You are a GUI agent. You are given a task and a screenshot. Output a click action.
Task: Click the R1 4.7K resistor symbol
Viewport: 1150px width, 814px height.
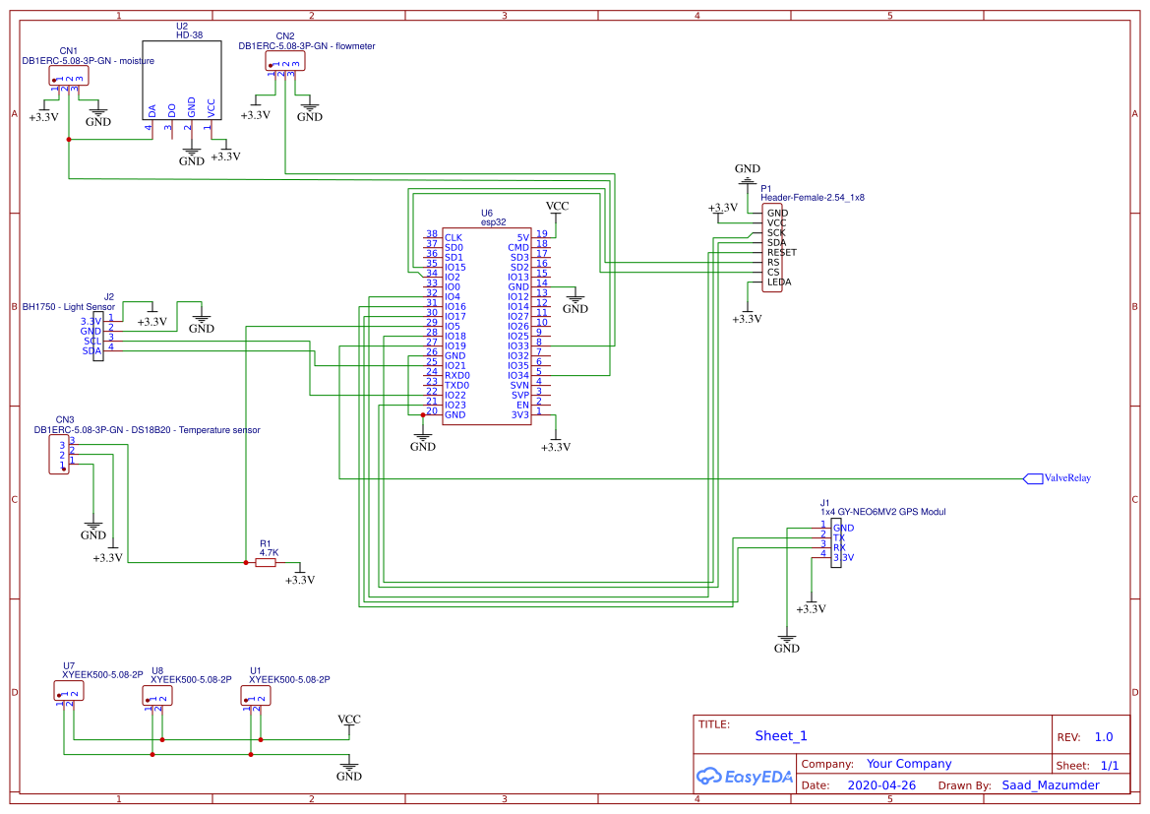pyautogui.click(x=266, y=563)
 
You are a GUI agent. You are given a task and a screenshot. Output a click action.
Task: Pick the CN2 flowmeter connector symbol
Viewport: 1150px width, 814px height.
pyautogui.click(x=285, y=61)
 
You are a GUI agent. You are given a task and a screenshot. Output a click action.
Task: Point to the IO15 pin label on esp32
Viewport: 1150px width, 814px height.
pyautogui.click(x=455, y=268)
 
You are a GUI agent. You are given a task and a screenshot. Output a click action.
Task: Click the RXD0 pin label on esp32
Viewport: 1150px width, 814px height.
pyautogui.click(x=457, y=375)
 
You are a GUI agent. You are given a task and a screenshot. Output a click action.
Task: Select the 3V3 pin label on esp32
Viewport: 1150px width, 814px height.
pyautogui.click(x=520, y=414)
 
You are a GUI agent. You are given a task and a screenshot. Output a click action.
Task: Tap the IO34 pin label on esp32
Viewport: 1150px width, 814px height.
pyautogui.click(x=518, y=375)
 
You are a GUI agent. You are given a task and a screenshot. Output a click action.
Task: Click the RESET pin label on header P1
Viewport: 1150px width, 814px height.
pyautogui.click(x=781, y=252)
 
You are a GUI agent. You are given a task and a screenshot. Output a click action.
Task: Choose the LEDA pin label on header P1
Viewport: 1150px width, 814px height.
pyautogui.click(x=778, y=282)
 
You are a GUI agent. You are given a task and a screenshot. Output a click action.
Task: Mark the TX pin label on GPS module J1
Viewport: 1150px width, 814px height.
pyautogui.click(x=838, y=538)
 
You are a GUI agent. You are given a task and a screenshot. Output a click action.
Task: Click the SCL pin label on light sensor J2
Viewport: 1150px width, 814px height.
pyautogui.click(x=92, y=341)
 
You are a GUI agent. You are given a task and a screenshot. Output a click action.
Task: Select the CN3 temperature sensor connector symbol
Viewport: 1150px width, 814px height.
pyautogui.click(x=59, y=455)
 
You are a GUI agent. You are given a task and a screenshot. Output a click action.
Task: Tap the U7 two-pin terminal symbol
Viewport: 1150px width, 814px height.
pyautogui.click(x=69, y=692)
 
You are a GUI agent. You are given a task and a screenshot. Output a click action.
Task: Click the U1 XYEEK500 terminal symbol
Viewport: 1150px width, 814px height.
pyautogui.click(x=256, y=696)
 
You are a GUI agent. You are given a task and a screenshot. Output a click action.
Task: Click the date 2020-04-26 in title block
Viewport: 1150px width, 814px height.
pyautogui.click(x=881, y=785)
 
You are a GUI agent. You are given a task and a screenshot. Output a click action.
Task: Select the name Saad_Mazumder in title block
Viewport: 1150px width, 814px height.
pyautogui.click(x=1050, y=785)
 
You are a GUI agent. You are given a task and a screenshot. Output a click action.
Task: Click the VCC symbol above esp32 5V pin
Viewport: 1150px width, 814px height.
pyautogui.click(x=557, y=207)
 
